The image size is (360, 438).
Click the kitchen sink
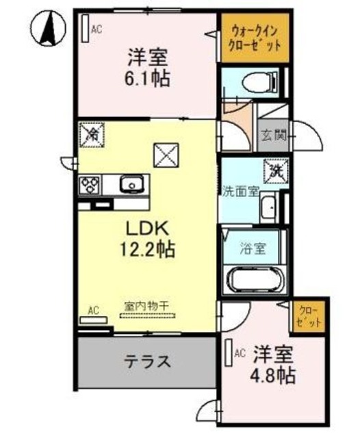click(x=131, y=183)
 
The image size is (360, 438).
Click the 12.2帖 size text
click(x=145, y=248)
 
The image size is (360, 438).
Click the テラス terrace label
click(x=147, y=360)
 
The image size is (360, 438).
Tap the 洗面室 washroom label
click(x=240, y=192)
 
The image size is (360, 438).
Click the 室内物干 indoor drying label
click(x=147, y=305)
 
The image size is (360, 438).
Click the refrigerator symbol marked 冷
click(x=90, y=133)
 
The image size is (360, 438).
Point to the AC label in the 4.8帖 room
click(x=240, y=353)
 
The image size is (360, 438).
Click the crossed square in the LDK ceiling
click(x=165, y=154)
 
